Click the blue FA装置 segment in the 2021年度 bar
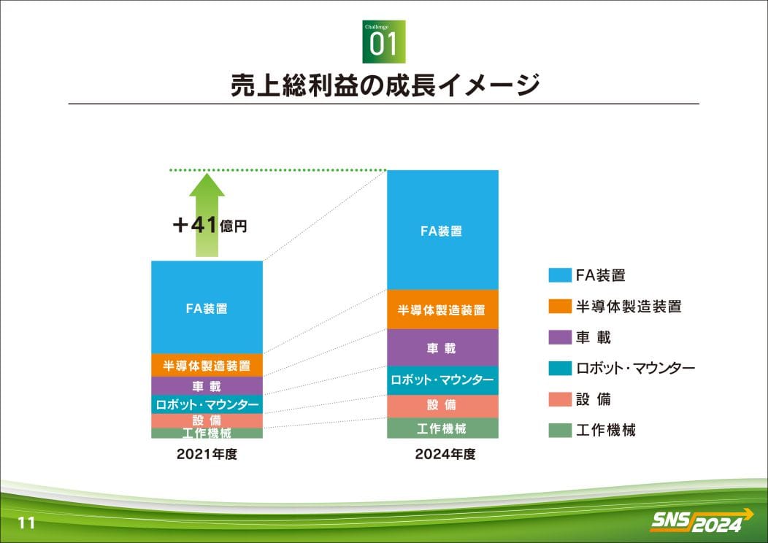207,307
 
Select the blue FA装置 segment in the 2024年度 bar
443,230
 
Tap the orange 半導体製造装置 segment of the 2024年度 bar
443,309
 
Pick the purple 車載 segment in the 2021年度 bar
207,386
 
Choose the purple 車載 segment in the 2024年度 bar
443,347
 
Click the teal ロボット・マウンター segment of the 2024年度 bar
443,380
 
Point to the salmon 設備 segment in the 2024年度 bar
443,407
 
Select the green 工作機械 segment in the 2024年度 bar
443,428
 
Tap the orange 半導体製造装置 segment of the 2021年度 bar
207,365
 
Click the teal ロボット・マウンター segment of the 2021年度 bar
207,404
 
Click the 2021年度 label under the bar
207,455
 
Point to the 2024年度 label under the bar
445,455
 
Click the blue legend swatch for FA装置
560,275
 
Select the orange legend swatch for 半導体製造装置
560,306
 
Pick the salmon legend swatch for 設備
560,399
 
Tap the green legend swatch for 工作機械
560,430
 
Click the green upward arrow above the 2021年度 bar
207,215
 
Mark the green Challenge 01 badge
384,42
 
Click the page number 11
26,523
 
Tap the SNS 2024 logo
702,521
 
